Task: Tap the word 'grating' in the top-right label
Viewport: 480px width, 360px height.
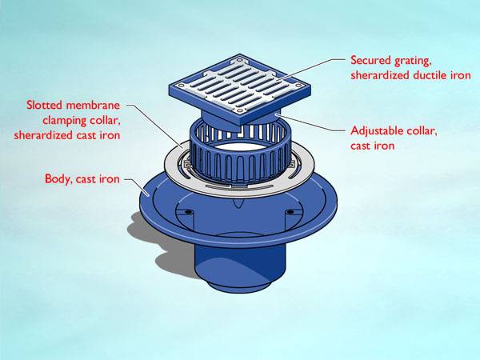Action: pyautogui.click(x=413, y=60)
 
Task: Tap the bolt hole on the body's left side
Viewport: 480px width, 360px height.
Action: pyautogui.click(x=188, y=213)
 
